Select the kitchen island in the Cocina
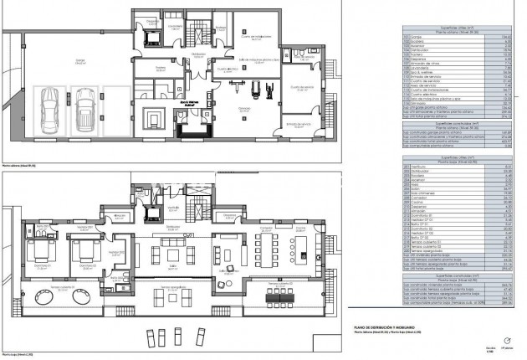[x=304, y=249]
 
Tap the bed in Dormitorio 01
[x=42, y=252]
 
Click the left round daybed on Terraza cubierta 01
[x=42, y=299]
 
